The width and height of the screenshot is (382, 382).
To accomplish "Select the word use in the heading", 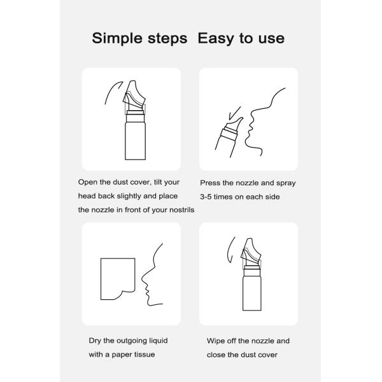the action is pos(271,39).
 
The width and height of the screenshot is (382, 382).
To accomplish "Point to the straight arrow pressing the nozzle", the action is pos(234,113).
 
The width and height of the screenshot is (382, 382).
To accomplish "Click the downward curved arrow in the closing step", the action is pos(230,250).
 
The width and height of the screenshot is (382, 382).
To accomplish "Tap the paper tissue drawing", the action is pos(118,279).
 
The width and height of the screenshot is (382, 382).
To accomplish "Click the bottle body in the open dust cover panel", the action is pos(135,141).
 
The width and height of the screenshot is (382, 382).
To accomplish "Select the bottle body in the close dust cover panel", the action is pos(252,293).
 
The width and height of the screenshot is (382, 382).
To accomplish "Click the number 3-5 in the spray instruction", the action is pos(206,197).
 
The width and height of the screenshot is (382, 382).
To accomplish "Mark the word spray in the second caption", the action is pos(286,183).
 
